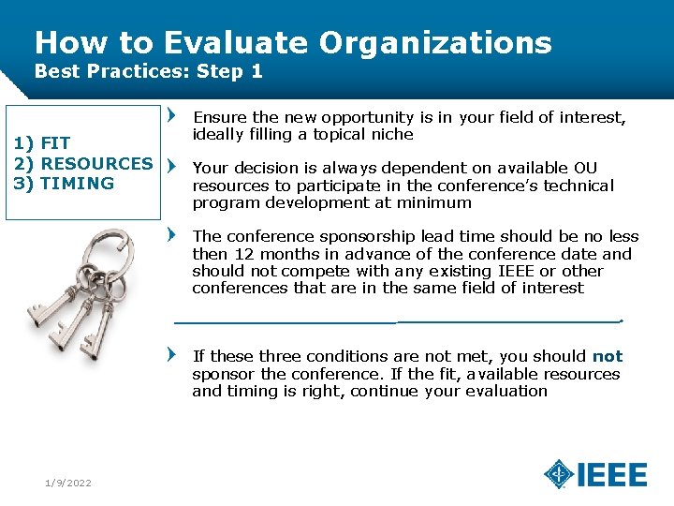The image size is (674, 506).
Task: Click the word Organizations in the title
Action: point(435,43)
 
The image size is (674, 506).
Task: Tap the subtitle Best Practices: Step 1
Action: point(148,71)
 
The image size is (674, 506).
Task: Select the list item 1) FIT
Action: point(41,143)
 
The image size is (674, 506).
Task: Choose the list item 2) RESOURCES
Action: point(82,163)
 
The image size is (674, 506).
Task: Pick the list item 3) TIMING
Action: point(63,183)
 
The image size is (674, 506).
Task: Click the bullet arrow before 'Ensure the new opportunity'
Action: point(170,117)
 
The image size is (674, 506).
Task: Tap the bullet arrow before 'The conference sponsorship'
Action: point(170,236)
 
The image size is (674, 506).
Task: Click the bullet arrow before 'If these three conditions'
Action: point(170,356)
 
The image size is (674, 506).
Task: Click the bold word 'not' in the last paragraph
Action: point(607,356)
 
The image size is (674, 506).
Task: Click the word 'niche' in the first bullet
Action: point(391,134)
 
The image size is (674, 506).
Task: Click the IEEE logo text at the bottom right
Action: point(612,475)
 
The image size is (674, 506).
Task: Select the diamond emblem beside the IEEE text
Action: point(559,474)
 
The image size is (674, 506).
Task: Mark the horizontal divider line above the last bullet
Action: point(398,321)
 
